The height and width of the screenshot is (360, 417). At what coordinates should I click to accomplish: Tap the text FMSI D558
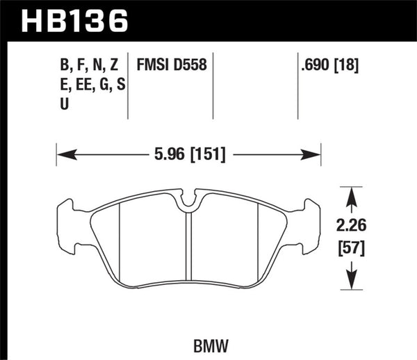click(x=170, y=67)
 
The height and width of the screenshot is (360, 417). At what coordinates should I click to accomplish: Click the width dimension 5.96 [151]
click(x=188, y=154)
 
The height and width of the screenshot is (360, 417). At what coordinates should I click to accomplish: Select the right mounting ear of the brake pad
click(x=308, y=226)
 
